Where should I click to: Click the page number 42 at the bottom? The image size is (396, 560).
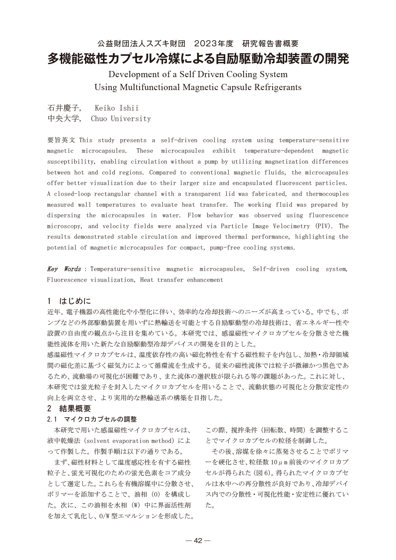tap(198, 540)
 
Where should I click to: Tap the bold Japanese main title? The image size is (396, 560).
tap(198, 59)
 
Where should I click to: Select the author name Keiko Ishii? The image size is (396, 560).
tap(116, 108)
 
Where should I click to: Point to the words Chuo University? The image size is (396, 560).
tap(121, 119)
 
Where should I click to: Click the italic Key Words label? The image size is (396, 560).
tap(64, 269)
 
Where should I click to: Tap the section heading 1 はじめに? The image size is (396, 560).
tap(69, 301)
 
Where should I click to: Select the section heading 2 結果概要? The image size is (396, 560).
tap(69, 408)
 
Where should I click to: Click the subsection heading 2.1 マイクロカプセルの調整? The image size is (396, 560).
tap(92, 419)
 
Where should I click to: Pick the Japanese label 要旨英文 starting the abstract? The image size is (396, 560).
tap(61, 140)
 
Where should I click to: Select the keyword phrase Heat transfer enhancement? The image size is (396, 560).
tap(182, 280)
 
